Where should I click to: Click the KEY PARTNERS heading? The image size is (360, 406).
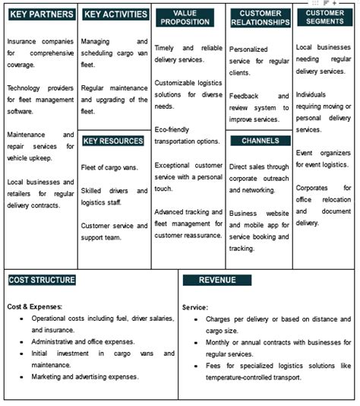[41, 14]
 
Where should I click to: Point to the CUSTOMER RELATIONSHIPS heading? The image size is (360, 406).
[260, 17]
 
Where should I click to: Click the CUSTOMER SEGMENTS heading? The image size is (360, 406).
[325, 17]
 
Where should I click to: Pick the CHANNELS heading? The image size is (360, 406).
[260, 141]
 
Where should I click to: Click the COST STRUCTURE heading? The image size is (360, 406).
[42, 280]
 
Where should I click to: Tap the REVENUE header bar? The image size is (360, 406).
[217, 280]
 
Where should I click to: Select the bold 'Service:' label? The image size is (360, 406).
[195, 307]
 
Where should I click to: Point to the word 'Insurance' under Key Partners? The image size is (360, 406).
[23, 41]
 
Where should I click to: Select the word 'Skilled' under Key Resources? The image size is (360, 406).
[93, 191]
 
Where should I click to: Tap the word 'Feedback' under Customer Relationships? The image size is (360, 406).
[245, 96]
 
